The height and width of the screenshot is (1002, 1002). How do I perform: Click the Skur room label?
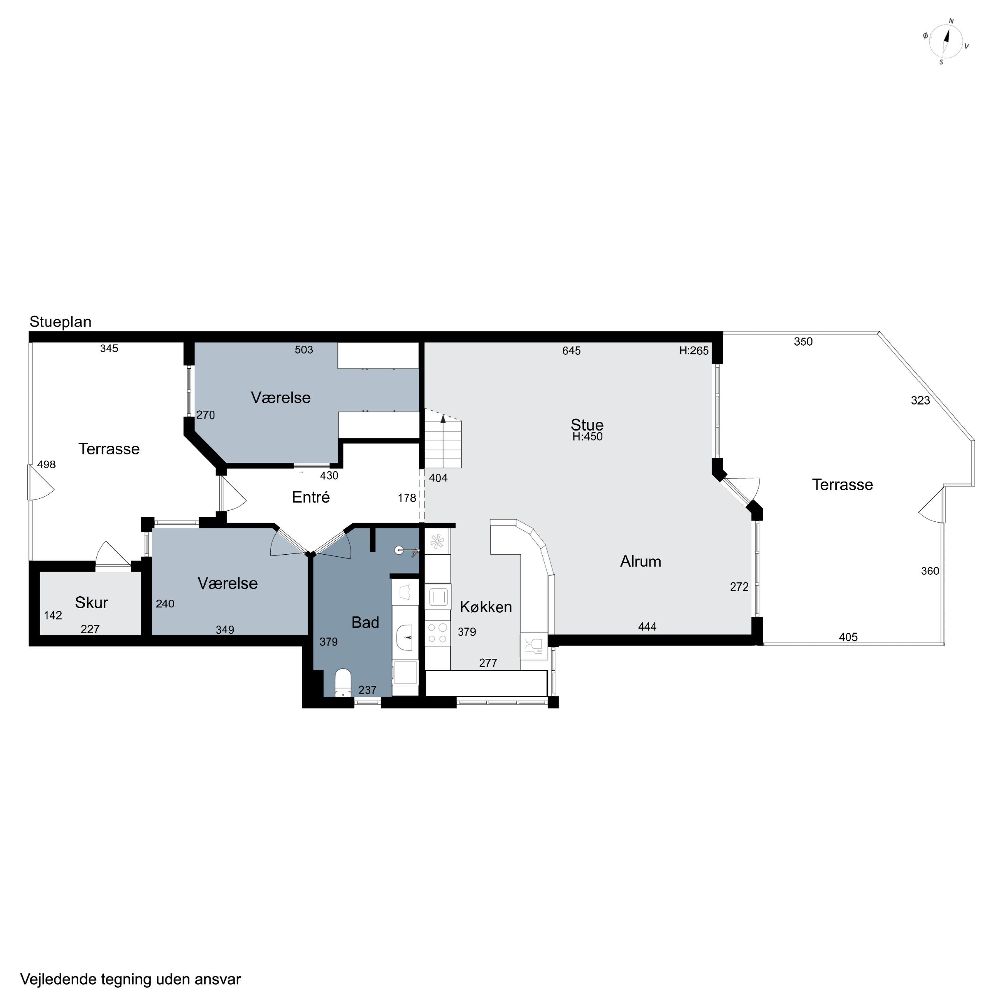[x=91, y=602]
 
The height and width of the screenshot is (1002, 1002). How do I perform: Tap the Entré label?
[x=311, y=497]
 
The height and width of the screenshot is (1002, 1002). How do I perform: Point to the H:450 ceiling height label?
[x=587, y=437]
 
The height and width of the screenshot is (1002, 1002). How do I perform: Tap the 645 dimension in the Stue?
[x=571, y=351]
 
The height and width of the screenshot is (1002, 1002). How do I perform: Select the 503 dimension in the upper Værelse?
[x=304, y=350]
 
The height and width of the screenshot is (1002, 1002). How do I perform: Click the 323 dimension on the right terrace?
[x=921, y=400]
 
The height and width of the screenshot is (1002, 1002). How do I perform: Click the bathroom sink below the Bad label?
[x=405, y=637]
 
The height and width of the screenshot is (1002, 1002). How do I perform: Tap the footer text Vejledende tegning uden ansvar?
[x=131, y=980]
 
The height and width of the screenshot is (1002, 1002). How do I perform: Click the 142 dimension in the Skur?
[x=53, y=615]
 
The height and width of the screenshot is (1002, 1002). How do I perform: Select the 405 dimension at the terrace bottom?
[x=848, y=637]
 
